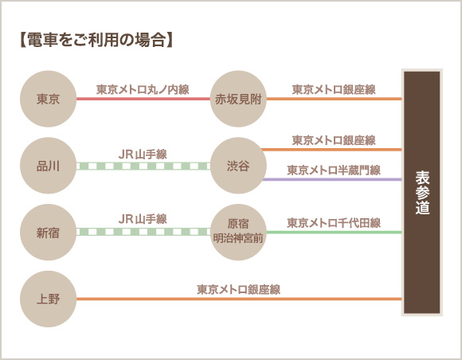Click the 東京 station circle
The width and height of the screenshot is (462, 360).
[x=48, y=99]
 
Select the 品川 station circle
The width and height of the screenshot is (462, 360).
[x=48, y=166]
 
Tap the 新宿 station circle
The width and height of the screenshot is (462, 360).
[x=48, y=232]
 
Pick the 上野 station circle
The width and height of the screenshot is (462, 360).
[x=48, y=299]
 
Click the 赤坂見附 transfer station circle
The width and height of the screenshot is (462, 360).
[x=238, y=99]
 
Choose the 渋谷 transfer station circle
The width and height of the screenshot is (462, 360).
[x=238, y=166]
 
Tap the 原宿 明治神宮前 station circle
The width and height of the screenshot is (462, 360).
[x=238, y=232]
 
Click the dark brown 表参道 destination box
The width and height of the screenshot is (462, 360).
[x=422, y=193]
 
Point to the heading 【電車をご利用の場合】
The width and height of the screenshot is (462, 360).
[x=96, y=40]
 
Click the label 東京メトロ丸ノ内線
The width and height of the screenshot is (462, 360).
[x=143, y=89]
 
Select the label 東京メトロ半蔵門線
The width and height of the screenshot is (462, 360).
[x=334, y=170]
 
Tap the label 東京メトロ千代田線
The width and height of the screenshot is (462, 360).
[x=334, y=223]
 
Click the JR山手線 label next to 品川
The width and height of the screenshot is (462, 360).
[x=143, y=155]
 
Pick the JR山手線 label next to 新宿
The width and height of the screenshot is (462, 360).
[x=143, y=219]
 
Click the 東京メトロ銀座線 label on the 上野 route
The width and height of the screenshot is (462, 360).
[x=239, y=290]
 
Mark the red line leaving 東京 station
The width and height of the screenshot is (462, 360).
[x=143, y=99]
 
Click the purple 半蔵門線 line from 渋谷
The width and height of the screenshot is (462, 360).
[x=332, y=179]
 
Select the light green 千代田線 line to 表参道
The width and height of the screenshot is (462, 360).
[x=334, y=232]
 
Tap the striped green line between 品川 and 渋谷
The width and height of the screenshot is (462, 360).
[x=143, y=166]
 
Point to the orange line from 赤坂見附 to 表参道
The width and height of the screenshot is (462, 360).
[x=334, y=99]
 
